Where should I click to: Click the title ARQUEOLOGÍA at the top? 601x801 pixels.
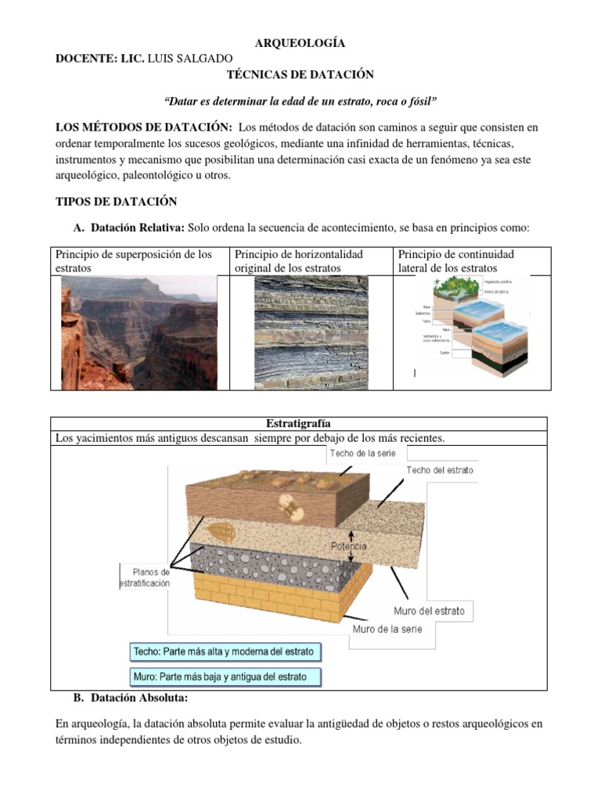click(300, 43)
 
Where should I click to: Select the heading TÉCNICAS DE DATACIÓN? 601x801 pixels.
click(300, 74)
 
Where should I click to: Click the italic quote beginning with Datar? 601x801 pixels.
click(300, 102)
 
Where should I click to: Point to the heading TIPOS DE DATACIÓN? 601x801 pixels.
click(116, 202)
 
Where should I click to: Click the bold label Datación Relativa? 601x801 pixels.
click(138, 228)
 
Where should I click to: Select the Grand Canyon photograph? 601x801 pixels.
click(139, 332)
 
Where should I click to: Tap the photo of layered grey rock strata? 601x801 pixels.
click(311, 332)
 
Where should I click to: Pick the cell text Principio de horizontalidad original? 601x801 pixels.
click(309, 261)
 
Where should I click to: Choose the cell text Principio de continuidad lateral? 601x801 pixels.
click(456, 261)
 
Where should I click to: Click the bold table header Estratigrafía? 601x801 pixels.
click(300, 424)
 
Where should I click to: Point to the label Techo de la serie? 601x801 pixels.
click(362, 453)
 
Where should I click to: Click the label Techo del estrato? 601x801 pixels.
click(439, 470)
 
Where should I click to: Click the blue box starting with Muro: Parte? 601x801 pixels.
click(225, 677)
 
